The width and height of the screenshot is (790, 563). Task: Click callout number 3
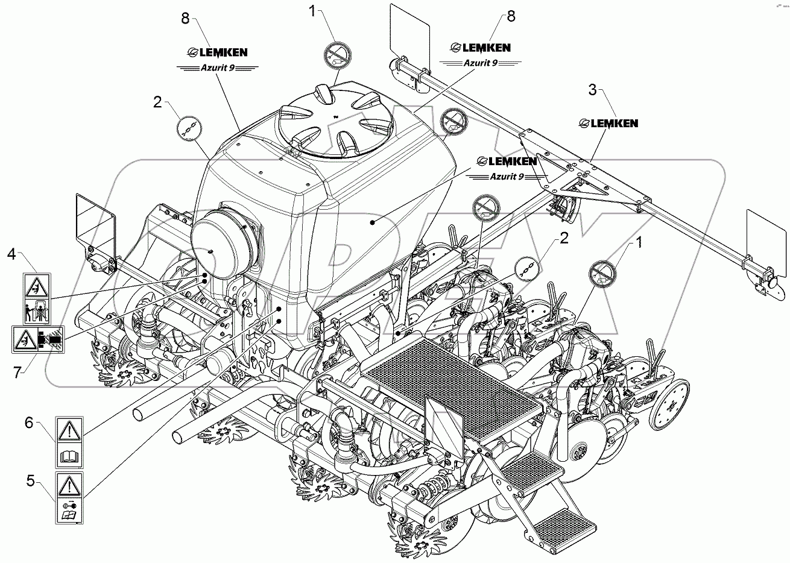coord(592,91)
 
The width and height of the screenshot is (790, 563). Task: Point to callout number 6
coord(28,424)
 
